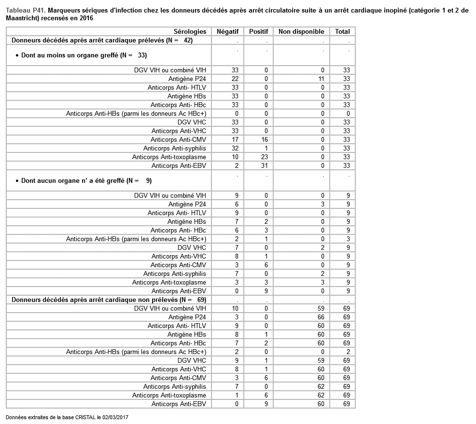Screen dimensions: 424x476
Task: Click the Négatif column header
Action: pos(227,31)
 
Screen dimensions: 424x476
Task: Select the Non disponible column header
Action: pos(301,31)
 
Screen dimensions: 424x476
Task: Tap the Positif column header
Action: pos(258,31)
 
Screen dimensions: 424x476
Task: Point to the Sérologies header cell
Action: pos(190,31)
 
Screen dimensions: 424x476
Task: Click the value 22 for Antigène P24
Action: pos(235,79)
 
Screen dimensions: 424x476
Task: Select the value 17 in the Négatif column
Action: pos(235,139)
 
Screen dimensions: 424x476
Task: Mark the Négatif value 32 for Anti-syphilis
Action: pos(235,148)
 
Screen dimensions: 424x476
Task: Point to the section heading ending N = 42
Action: pos(102,41)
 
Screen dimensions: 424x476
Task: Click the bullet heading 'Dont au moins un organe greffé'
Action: pos(84,55)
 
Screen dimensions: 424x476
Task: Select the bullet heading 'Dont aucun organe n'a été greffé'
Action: pos(86,180)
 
